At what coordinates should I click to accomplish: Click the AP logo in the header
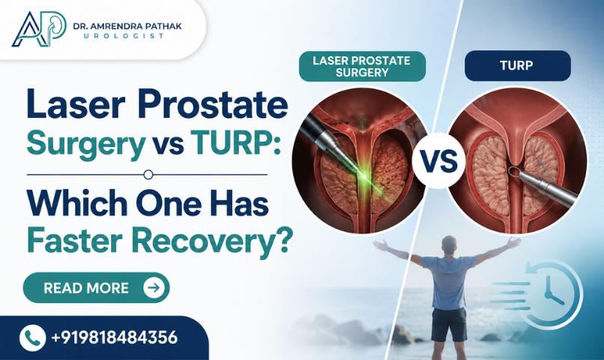38,29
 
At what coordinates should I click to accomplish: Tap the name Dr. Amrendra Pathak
127,26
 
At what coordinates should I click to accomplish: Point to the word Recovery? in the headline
211,241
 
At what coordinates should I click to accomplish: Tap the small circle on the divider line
148,175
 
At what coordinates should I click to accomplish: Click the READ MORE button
97,287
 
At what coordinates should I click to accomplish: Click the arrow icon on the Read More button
154,287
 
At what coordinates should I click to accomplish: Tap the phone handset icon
32,337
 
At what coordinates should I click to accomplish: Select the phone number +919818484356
114,337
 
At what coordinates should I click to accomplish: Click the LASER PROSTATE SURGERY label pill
362,66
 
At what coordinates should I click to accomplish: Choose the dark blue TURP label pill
517,65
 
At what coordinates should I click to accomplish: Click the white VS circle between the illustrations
438,160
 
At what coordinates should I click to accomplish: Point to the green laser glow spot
363,176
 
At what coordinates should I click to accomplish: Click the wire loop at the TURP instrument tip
513,172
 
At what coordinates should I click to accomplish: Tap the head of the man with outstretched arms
449,245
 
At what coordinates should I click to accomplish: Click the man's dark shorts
448,325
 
